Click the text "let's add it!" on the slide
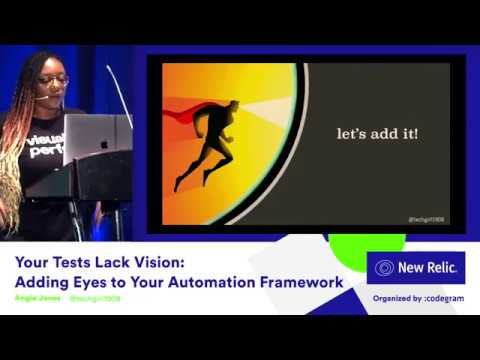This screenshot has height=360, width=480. click(375, 133)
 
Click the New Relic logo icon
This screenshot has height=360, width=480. click(384, 269)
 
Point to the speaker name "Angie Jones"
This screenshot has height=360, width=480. click(37, 298)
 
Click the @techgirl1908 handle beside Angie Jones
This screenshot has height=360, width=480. click(95, 298)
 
